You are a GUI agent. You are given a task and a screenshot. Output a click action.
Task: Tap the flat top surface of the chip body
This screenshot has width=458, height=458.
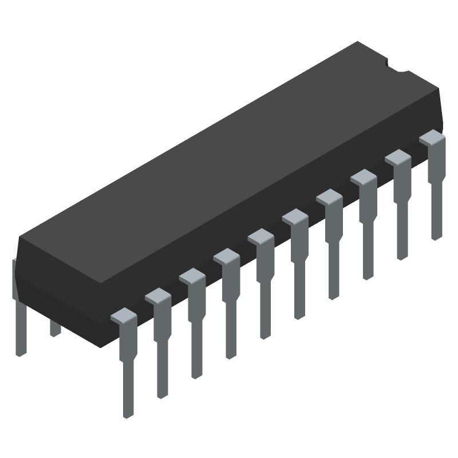[x=229, y=160]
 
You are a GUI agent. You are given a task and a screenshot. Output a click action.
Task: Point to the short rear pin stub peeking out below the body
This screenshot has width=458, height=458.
[x=55, y=329]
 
